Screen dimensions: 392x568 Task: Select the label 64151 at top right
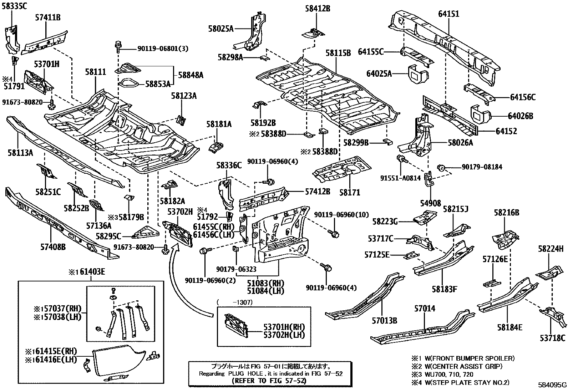point(448,14)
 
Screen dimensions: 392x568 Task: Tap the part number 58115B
point(338,53)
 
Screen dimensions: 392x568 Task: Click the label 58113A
point(20,153)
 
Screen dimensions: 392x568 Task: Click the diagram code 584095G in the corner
point(552,385)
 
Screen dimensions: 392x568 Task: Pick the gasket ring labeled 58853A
point(128,83)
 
